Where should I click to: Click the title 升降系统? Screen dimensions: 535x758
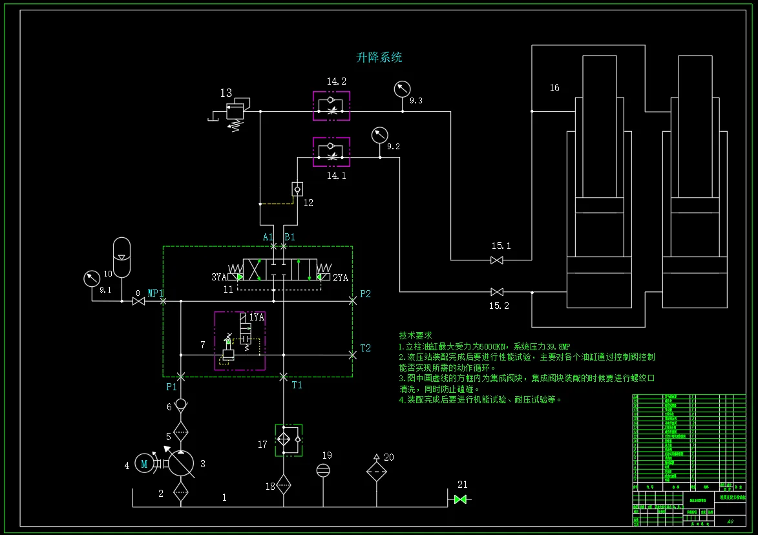click(x=379, y=58)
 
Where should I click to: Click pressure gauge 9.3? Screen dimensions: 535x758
click(x=403, y=89)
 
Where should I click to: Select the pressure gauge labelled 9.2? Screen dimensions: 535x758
click(x=379, y=136)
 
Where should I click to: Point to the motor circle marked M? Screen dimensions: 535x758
click(x=145, y=465)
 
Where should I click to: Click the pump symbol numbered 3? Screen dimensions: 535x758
click(x=181, y=463)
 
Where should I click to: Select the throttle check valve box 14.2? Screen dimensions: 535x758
click(x=332, y=106)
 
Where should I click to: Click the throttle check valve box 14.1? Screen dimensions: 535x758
click(x=332, y=152)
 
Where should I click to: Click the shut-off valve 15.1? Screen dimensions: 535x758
click(x=497, y=260)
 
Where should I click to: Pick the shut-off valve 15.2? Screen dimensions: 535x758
click(x=497, y=292)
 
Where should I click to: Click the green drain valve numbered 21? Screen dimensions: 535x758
click(x=461, y=499)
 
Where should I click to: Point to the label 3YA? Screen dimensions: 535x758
click(x=219, y=277)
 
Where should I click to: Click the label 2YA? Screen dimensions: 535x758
click(x=341, y=278)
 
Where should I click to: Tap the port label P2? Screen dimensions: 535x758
click(x=366, y=294)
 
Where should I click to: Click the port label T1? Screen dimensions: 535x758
click(x=297, y=385)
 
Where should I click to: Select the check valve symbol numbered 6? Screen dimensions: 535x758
click(x=181, y=404)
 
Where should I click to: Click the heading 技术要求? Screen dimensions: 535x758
click(x=416, y=336)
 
